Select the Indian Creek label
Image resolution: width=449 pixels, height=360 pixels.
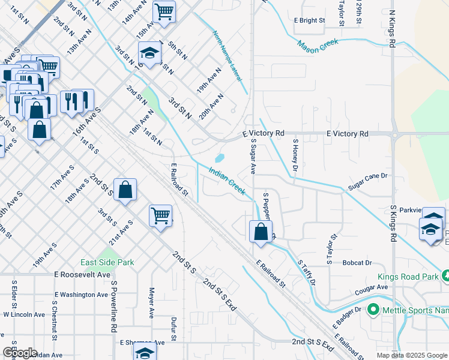pos(226,180)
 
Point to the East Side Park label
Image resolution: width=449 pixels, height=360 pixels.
pos(108,262)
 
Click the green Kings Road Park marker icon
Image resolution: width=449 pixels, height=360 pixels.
pos(445,277)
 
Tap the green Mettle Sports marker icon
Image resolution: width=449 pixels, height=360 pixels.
pos(373,310)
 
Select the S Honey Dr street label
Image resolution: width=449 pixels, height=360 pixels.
pos(295,154)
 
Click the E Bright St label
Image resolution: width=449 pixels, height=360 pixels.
pos(309,20)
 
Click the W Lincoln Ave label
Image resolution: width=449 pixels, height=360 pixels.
pos(24,314)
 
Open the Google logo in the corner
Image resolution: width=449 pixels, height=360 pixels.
pos(19,353)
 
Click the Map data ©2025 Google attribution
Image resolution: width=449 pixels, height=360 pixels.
pos(411,355)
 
